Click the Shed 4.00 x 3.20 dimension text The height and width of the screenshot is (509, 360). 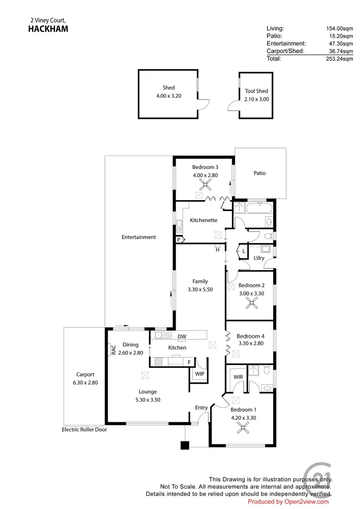168,95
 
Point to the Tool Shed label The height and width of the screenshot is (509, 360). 256,91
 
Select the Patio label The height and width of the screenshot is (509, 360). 260,173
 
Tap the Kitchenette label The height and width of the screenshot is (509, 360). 204,221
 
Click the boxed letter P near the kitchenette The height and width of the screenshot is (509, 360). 179,239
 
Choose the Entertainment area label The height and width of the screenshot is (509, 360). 139,237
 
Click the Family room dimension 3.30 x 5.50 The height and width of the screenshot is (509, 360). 200,289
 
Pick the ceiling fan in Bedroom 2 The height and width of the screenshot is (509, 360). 252,303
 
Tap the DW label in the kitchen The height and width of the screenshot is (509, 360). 181,337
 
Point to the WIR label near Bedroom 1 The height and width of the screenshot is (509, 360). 238,378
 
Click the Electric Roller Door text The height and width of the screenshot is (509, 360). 84,430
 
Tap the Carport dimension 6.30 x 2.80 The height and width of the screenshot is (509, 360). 85,383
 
